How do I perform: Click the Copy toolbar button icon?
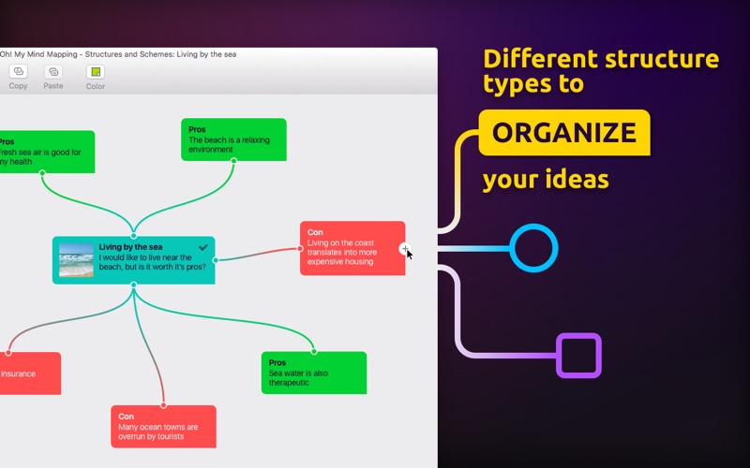point(18,71)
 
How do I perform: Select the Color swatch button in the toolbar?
point(96,72)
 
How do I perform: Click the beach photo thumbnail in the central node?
point(76,260)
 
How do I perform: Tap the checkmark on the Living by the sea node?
point(203,247)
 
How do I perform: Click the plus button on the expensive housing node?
point(405,248)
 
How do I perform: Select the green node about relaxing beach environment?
point(233,139)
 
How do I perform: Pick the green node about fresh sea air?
point(47,152)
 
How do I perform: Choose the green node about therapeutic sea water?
point(314,373)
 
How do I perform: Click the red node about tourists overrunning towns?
point(163,427)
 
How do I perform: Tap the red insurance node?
point(30,373)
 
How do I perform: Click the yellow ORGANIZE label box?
point(564,133)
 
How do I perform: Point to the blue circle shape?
point(533,226)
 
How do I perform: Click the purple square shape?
point(578,335)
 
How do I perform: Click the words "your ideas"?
point(546,180)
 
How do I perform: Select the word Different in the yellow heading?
point(541,59)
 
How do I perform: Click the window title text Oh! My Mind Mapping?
point(38,54)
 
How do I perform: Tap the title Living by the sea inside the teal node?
point(130,247)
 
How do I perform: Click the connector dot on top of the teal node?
point(133,236)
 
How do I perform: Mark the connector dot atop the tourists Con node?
point(163,405)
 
